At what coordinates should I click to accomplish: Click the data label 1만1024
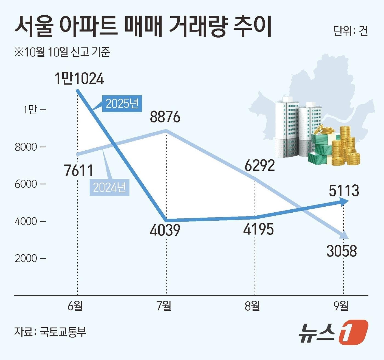coord(79,79)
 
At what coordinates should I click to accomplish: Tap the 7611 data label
coord(79,170)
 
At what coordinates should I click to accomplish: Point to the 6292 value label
coord(259,165)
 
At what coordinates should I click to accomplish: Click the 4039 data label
coord(165,230)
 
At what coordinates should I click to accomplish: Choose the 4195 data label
coord(258,229)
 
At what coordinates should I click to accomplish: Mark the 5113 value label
coord(344,191)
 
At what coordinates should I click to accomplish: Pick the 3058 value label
coord(341,251)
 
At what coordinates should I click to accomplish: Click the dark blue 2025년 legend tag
coord(122,104)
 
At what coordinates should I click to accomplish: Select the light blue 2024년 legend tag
coord(109,188)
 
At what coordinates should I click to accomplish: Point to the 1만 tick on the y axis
coord(30,110)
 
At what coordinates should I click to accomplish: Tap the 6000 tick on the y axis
coord(26,184)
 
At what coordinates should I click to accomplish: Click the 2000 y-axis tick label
coord(26,258)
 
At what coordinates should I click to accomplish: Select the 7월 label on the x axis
coord(164,306)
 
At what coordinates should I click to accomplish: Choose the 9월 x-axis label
coord(341,306)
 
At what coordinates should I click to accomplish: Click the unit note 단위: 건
coord(350,31)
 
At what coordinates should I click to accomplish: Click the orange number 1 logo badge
coord(353,332)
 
